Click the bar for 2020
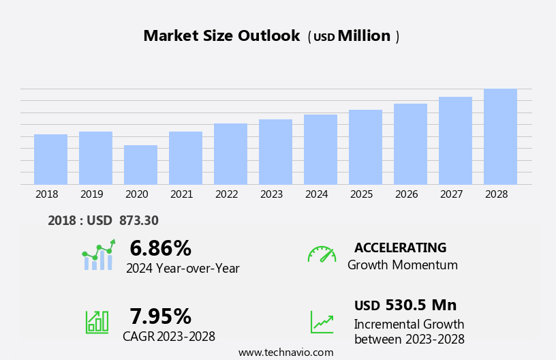coord(140,164)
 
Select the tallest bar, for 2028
coord(500,136)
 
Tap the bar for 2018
coord(50,159)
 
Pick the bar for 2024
coord(320,149)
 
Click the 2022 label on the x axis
coord(226,194)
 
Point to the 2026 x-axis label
coord(406,194)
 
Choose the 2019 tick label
coord(91,194)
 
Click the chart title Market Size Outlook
coord(221,36)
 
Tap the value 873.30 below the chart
coord(138,220)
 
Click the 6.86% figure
coord(160,248)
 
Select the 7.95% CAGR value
coord(160,316)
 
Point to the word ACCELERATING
coord(400,247)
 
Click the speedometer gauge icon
coord(322,254)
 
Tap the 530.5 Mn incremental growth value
coord(420,305)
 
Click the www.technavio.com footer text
coord(285,352)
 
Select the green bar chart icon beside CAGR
coord(97,321)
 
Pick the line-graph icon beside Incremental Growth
coord(322,322)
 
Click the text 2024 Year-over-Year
coord(183,269)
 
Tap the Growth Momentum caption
coord(402,265)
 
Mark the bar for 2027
coord(455,140)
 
